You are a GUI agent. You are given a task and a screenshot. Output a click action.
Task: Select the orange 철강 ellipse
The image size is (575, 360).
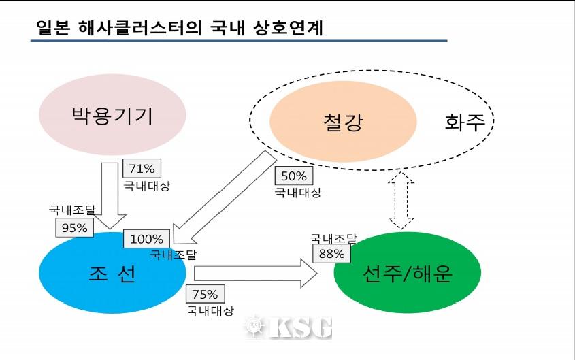[x=342, y=122]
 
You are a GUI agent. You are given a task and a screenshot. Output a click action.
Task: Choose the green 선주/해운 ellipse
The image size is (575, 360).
[x=407, y=274]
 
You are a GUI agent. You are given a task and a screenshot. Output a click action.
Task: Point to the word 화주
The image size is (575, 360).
[x=465, y=122]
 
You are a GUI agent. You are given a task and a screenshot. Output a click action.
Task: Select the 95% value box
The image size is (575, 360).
[x=74, y=228]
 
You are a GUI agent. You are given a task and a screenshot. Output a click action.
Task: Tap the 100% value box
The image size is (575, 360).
[x=146, y=240]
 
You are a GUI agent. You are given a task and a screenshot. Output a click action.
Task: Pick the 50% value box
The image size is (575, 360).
[x=293, y=176]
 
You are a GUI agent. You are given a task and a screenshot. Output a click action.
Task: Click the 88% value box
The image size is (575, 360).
[x=331, y=254]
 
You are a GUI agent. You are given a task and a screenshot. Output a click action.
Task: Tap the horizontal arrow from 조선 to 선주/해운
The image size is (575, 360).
[x=255, y=273]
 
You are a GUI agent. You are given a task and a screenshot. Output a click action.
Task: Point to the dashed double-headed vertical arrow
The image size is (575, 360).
[x=401, y=200]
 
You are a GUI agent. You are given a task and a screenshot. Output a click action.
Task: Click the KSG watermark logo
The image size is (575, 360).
[x=289, y=328]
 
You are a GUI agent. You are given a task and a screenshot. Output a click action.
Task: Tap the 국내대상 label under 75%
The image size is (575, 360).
[x=210, y=311]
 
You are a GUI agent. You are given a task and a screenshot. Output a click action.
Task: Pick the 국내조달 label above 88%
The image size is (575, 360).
[x=333, y=238]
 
